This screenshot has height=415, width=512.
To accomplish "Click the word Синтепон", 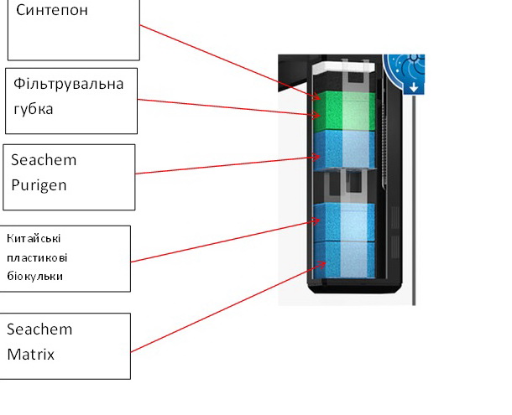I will (x=52, y=12).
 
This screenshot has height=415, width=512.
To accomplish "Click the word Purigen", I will (x=39, y=184).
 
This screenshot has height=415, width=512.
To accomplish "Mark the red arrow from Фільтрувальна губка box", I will (x=227, y=107).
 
